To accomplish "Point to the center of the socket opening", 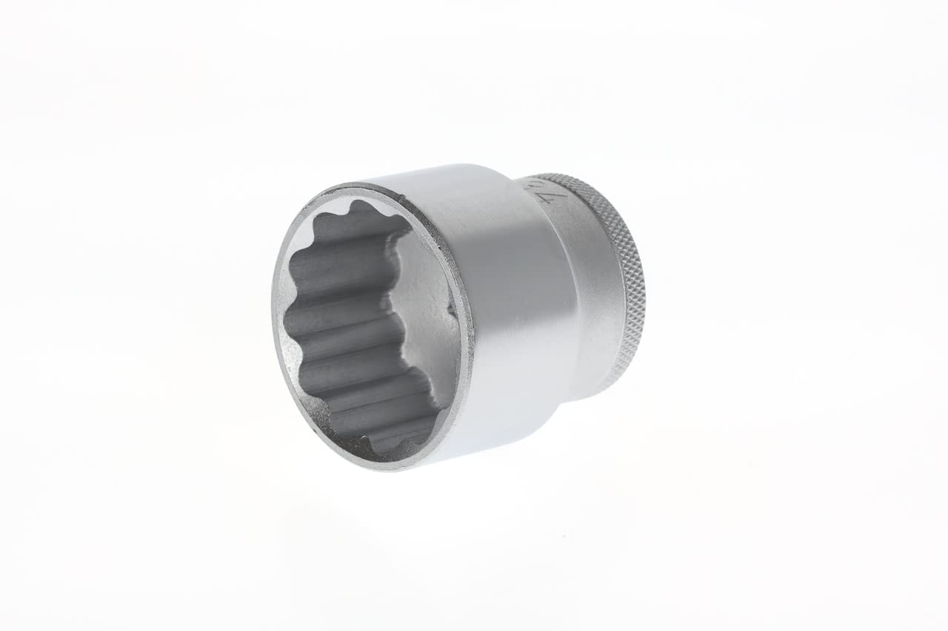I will click(x=370, y=325).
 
